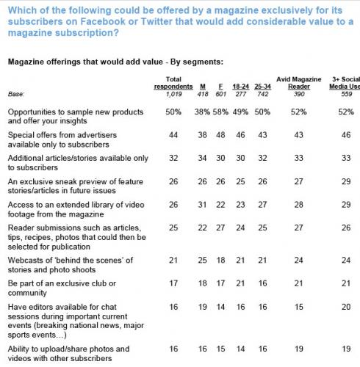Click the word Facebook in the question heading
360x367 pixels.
click(103, 21)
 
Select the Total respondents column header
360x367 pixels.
click(173, 83)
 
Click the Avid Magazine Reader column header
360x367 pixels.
click(299, 83)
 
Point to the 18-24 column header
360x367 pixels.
click(240, 87)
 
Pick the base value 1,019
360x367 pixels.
click(173, 94)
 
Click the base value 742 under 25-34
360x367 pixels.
click(262, 94)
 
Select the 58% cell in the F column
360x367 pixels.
click(220, 112)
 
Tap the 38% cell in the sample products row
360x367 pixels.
click(202, 112)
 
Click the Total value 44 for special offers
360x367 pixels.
click(173, 135)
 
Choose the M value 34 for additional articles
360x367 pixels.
click(202, 158)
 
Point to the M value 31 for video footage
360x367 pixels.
click(202, 205)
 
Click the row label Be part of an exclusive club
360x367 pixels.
click(62, 288)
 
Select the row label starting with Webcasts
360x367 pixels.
click(71, 265)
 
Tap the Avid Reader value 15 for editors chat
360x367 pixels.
click(299, 307)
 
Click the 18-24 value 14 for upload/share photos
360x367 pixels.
click(240, 349)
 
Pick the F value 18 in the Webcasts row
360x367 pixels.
click(220, 260)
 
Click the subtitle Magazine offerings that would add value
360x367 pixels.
click(85, 62)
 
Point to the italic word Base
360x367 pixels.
click(16, 94)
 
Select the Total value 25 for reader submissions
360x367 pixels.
click(173, 228)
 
